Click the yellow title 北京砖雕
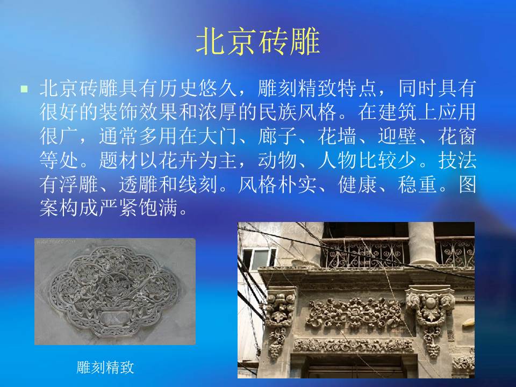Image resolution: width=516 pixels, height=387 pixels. (258, 42)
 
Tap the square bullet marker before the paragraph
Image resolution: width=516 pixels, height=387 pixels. (24, 88)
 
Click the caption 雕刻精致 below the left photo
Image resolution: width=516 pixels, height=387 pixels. (105, 368)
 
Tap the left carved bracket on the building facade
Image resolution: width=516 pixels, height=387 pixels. (278, 317)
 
